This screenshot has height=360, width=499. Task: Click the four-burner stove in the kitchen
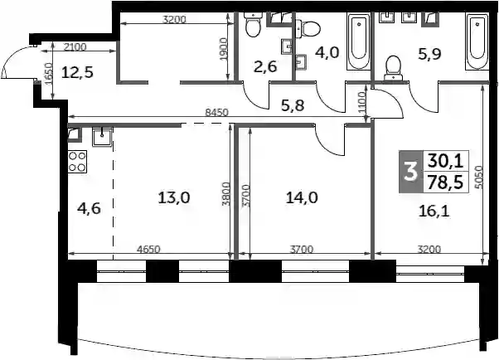77,162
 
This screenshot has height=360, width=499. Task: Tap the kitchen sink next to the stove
102,137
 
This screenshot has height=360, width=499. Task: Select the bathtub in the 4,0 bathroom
359,41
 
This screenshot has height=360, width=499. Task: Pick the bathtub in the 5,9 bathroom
477,41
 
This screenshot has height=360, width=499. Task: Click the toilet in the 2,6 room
254,25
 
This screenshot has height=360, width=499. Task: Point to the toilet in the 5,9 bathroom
394,68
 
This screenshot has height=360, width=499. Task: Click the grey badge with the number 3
411,172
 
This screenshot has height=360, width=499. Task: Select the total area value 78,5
446,182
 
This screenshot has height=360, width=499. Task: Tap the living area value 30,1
446,161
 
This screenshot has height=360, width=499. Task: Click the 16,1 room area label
434,211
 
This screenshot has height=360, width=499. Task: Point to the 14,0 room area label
302,198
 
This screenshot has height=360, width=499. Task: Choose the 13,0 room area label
174,198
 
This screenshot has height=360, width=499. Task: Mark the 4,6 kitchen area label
90,209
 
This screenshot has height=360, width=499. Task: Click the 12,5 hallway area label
77,72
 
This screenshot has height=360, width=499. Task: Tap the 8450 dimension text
217,112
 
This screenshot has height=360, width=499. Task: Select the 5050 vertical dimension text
480,178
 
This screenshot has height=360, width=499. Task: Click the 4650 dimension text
148,249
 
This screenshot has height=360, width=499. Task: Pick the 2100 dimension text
75,47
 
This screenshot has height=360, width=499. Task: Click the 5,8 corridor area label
293,105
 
